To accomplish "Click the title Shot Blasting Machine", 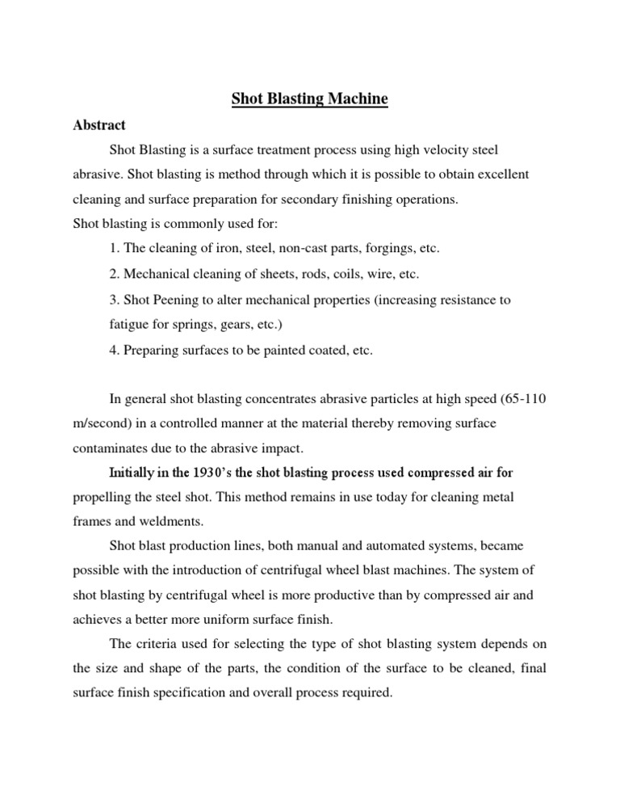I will pos(310,99).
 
